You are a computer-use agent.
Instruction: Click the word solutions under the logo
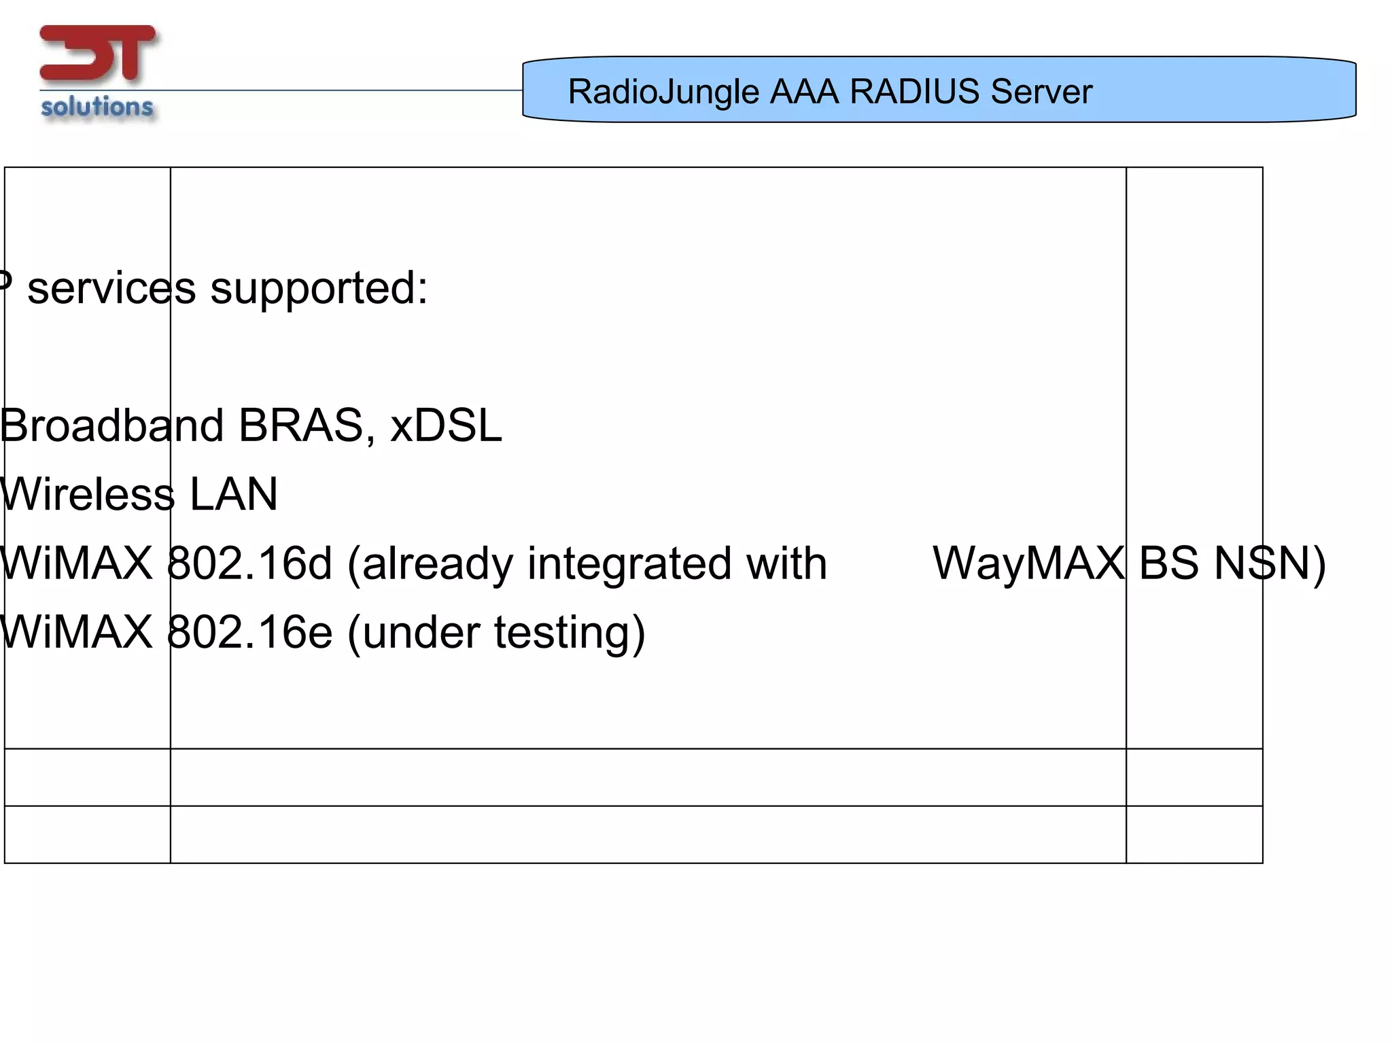coord(97,107)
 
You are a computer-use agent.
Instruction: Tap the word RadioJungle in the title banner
coord(663,92)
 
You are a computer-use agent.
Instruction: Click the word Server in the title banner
coord(1041,91)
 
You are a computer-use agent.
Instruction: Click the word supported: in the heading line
coord(319,289)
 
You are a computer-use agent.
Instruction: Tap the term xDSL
coord(446,426)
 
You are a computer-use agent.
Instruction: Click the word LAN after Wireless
coord(233,494)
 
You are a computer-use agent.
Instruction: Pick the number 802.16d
coord(249,563)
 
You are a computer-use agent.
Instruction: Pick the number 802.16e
coord(249,632)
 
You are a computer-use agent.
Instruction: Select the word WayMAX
coord(1028,563)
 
